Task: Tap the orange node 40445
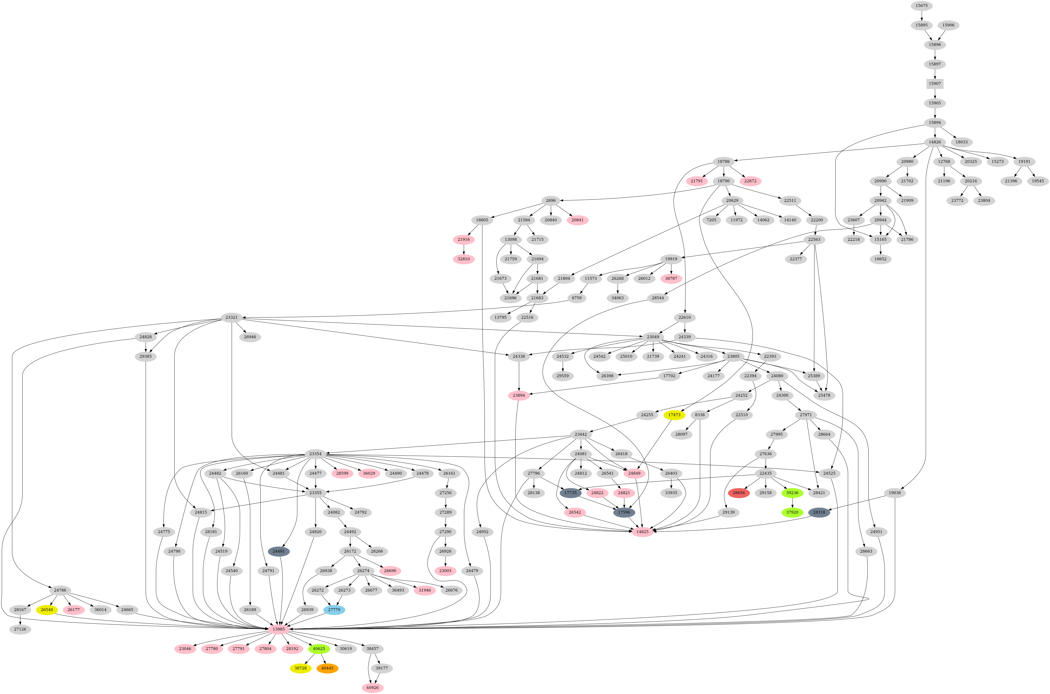pos(327,668)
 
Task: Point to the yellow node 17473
pos(674,415)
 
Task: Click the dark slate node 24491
pos(279,551)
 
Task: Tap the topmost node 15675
pos(921,5)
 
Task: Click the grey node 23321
pos(232,317)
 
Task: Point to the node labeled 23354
pos(317,454)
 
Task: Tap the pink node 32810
pos(464,259)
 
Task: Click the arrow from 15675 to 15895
pos(921,15)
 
